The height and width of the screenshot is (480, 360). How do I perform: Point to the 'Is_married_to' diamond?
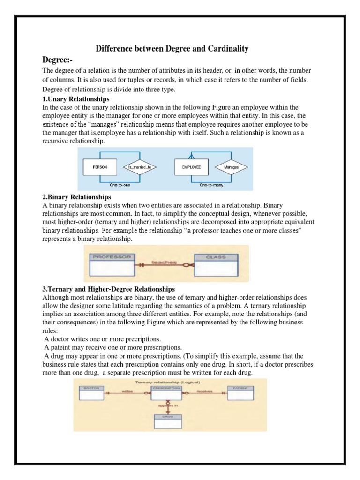click(139, 166)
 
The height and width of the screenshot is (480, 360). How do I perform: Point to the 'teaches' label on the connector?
click(164, 262)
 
